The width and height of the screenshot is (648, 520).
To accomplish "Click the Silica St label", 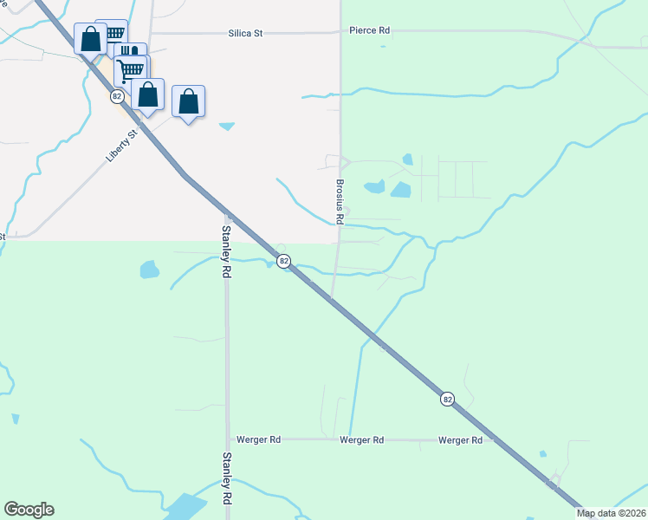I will tap(245, 33).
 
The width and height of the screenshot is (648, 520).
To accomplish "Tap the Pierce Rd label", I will tap(369, 30).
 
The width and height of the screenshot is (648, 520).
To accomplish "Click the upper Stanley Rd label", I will tap(226, 251).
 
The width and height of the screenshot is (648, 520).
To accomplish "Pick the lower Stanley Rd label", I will tap(226, 478).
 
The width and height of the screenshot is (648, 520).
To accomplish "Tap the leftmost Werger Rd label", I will tap(259, 440).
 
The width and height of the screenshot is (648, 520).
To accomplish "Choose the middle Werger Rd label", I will tap(362, 440).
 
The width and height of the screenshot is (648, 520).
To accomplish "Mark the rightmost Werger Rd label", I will tap(460, 440).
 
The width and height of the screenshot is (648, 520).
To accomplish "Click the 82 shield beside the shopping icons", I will tap(117, 98).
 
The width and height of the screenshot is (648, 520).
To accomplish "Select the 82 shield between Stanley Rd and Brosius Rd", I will tap(283, 260).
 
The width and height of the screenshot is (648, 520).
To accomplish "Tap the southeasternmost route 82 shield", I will tap(447, 399).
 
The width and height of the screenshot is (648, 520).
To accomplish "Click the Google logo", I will tap(29, 510).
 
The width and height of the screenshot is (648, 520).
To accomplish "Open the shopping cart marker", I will tap(131, 69).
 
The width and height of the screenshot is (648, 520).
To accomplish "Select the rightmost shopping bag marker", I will tap(189, 101).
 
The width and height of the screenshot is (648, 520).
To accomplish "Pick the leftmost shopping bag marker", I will tap(90, 38).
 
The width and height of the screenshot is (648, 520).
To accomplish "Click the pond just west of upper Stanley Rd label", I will tap(149, 269).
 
